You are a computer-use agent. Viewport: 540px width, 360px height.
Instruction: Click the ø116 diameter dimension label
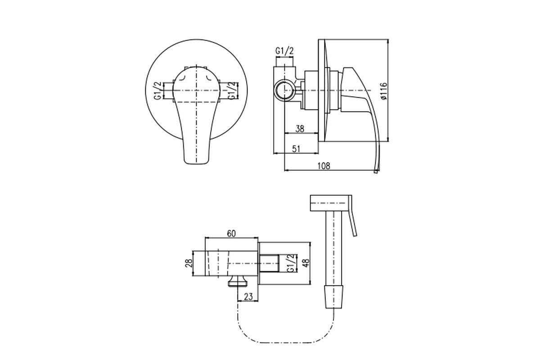pos(384,91)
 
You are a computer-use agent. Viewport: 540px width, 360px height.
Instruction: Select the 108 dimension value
pos(324,166)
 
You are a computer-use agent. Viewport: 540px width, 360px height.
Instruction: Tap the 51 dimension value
pos(296,149)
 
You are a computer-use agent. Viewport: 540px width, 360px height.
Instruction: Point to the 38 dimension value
pos(300,129)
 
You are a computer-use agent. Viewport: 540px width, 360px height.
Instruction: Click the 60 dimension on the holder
pos(231,234)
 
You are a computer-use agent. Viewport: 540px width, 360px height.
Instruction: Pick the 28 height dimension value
pos(189,263)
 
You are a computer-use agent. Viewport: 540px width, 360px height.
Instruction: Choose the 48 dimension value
pos(306,263)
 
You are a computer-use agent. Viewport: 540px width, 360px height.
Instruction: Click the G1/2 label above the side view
pos(284,51)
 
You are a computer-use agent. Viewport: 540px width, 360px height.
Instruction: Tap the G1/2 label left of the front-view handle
pos(157,90)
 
